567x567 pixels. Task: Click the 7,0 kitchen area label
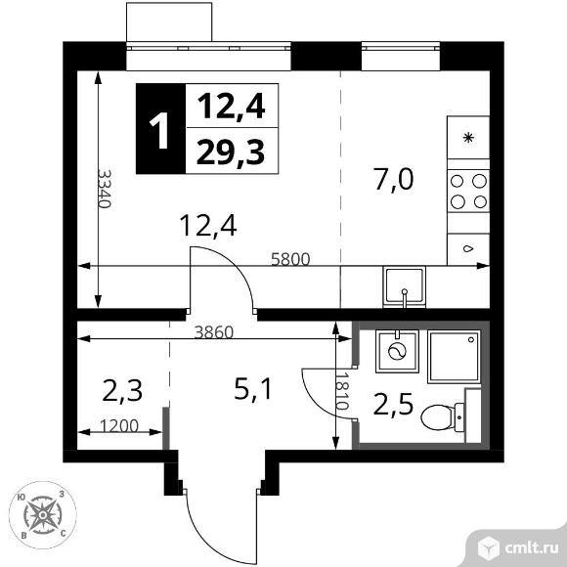pyautogui.click(x=394, y=179)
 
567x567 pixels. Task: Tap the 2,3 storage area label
pyautogui.click(x=122, y=390)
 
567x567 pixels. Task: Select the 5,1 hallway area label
pyautogui.click(x=252, y=388)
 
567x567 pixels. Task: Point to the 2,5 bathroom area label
pyautogui.click(x=393, y=403)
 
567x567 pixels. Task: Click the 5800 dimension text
pyautogui.click(x=290, y=259)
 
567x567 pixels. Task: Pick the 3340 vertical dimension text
pyautogui.click(x=105, y=189)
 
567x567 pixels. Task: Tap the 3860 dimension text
pyautogui.click(x=214, y=332)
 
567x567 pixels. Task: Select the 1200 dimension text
pyautogui.click(x=119, y=426)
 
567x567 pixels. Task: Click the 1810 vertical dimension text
pyautogui.click(x=342, y=391)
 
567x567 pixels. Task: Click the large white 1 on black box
pyautogui.click(x=159, y=129)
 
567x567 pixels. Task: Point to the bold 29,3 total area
pyautogui.click(x=231, y=153)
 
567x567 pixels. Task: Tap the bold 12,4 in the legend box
pyautogui.click(x=232, y=107)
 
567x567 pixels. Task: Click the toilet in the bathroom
pyautogui.click(x=443, y=417)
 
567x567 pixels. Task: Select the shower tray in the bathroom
pyautogui.click(x=455, y=357)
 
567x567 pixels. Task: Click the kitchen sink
pyautogui.click(x=405, y=287)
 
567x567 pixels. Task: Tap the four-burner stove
pyautogui.click(x=468, y=191)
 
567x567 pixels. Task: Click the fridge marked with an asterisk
pyautogui.click(x=468, y=138)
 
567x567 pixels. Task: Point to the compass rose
pyautogui.click(x=43, y=514)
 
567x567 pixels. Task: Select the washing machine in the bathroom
pyautogui.click(x=397, y=351)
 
